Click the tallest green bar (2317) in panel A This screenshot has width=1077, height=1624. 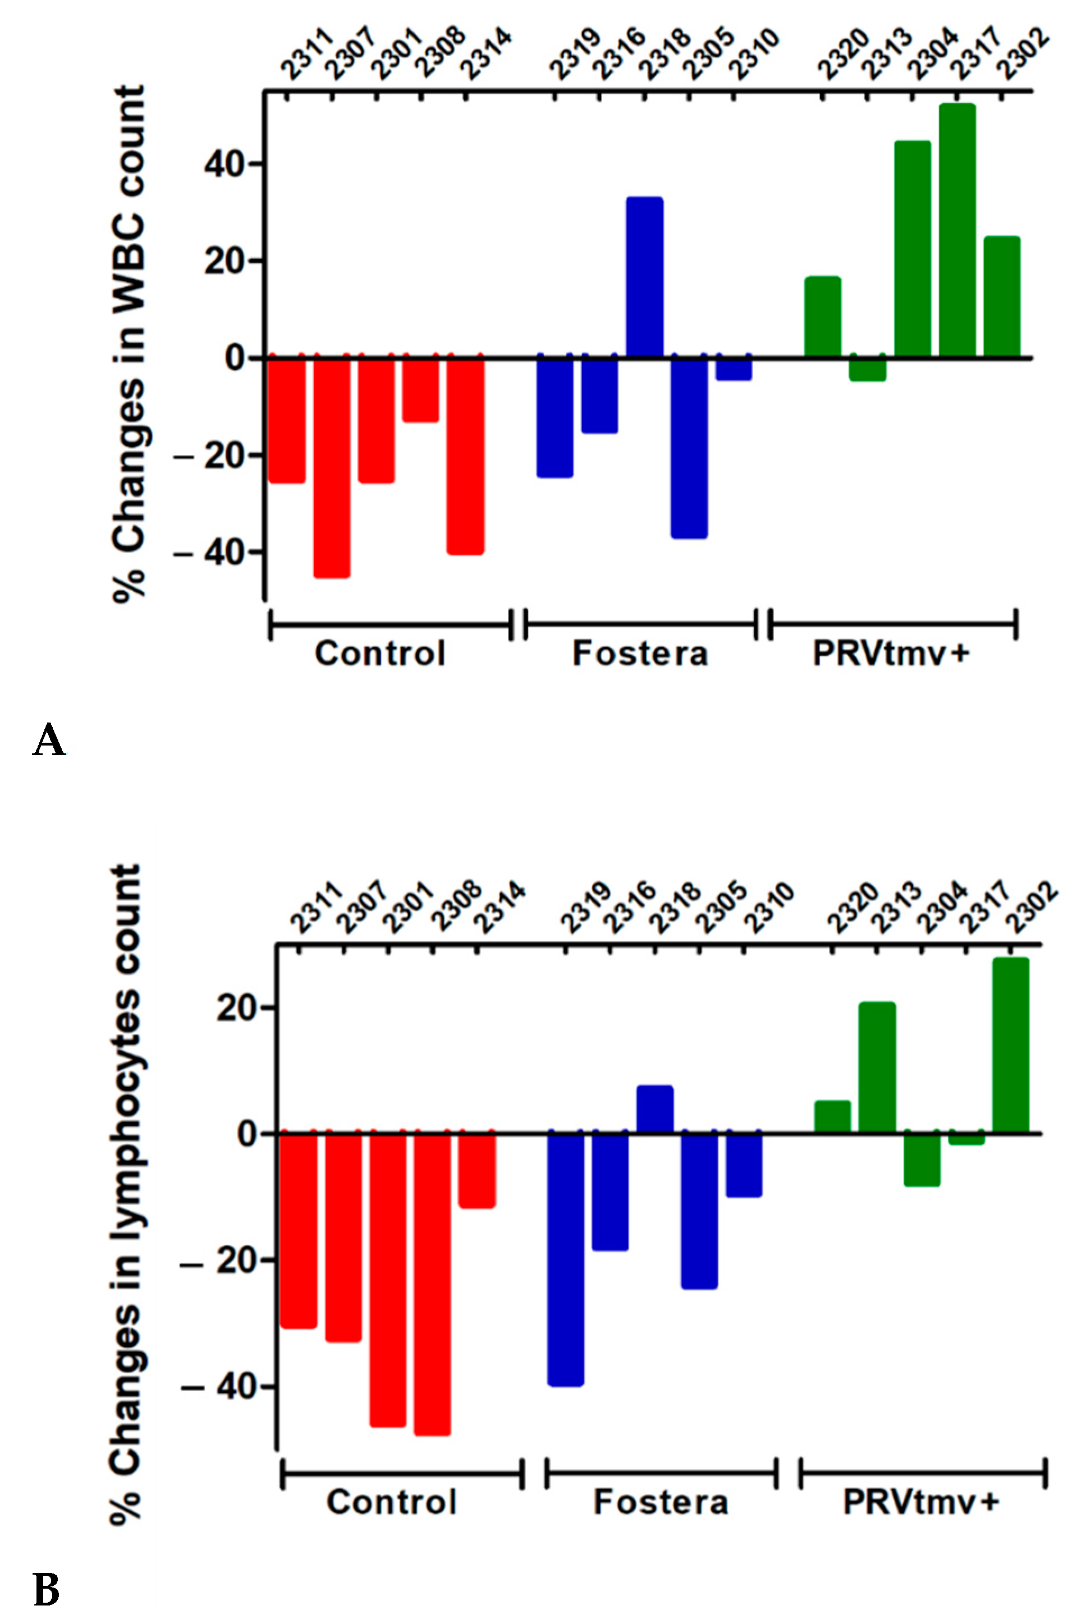(957, 230)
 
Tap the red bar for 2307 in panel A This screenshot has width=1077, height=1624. (332, 467)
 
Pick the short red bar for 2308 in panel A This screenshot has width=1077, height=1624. (420, 389)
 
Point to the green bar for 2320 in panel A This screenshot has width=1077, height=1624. (822, 316)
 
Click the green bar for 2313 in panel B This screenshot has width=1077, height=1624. (877, 1068)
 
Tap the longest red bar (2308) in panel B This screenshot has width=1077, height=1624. (432, 1283)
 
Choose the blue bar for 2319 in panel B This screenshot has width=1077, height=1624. (565, 1259)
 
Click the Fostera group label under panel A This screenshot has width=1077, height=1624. (640, 654)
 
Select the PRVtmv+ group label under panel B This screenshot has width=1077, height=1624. (921, 1502)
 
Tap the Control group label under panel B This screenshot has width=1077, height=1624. (392, 1502)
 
